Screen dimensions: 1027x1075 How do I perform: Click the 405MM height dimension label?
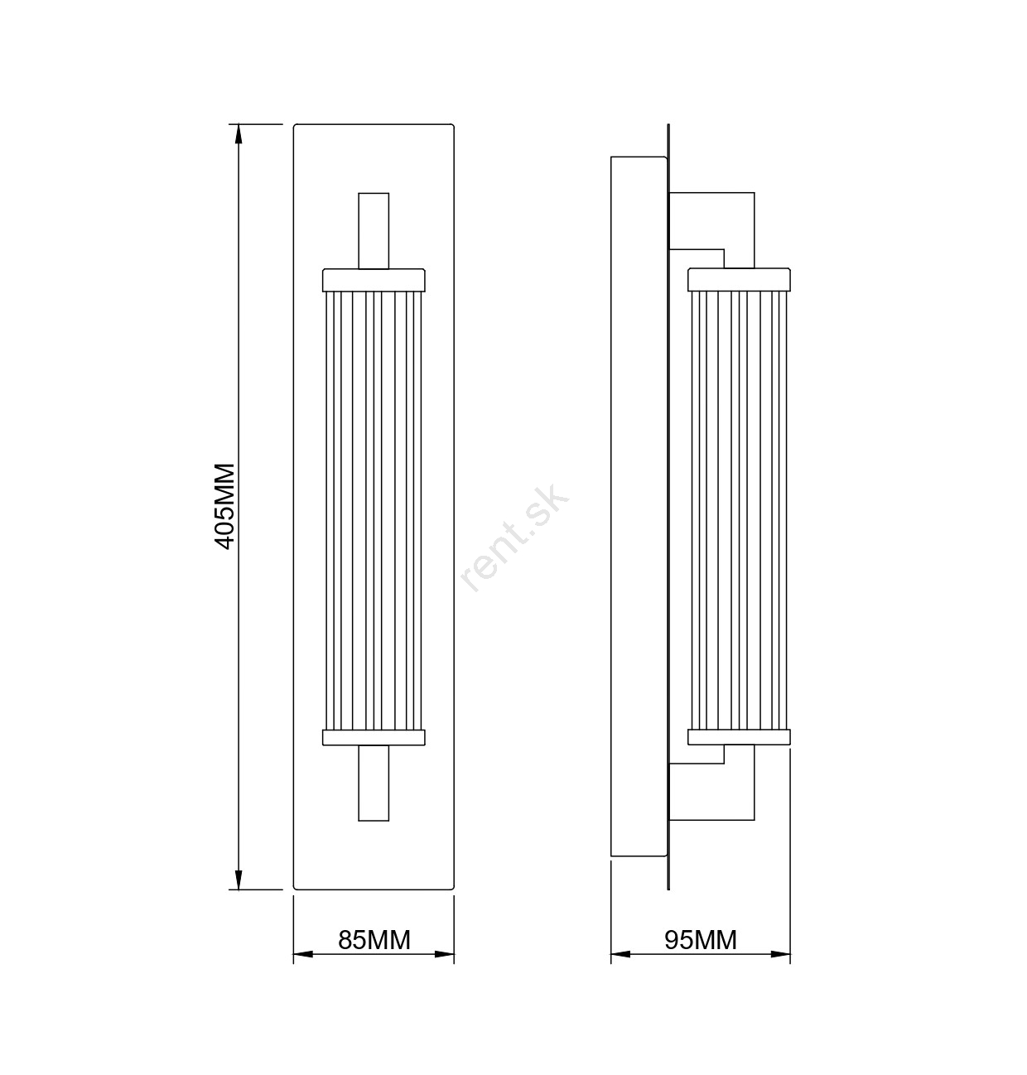224,507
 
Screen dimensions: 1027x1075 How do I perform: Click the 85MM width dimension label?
374,940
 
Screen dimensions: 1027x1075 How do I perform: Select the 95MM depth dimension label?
701,940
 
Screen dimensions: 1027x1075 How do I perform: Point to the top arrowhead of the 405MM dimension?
239,134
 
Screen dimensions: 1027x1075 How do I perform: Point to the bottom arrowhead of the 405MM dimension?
239,880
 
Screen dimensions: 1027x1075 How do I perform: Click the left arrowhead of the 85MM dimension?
303,954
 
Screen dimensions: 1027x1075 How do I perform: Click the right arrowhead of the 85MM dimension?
444,954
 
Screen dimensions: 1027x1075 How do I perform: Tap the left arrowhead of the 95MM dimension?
620,954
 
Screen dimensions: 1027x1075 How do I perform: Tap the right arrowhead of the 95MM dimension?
780,954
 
